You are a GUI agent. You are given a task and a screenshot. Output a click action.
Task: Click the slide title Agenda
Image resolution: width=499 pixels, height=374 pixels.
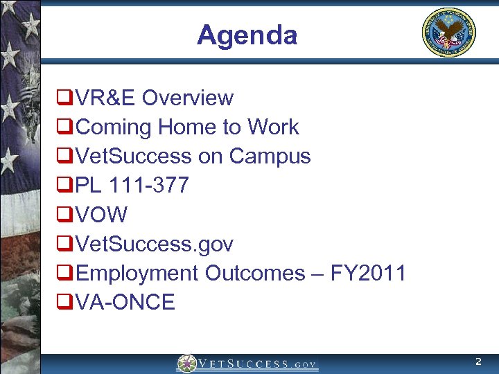(247, 35)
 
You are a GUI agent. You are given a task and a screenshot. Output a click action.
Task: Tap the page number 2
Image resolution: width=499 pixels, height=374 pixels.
(478, 362)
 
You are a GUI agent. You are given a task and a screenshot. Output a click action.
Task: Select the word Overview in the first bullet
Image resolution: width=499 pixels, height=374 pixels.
(188, 98)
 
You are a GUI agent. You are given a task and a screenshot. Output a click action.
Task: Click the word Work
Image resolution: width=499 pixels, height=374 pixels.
(273, 127)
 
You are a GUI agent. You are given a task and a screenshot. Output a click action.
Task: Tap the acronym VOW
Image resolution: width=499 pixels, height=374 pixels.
(102, 215)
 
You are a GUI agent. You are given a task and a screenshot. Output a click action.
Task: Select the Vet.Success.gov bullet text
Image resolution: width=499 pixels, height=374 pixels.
(155, 244)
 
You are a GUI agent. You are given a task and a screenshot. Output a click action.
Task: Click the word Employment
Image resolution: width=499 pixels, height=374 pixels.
(138, 274)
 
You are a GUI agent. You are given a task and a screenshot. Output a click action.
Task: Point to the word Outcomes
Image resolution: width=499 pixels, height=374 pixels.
(254, 274)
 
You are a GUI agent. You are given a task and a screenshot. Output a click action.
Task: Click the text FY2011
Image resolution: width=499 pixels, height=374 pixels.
(368, 274)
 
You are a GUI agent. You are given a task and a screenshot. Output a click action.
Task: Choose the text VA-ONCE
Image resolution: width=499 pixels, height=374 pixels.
(125, 303)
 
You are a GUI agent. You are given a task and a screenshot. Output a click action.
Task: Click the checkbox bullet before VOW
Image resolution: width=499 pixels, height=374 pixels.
(65, 215)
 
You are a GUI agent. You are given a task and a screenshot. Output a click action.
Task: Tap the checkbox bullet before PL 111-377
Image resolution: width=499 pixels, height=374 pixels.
(65, 186)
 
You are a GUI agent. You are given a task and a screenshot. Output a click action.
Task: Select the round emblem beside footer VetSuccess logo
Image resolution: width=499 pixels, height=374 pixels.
(186, 364)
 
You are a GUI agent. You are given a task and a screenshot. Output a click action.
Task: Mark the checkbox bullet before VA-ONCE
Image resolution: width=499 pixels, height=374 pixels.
(65, 303)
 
